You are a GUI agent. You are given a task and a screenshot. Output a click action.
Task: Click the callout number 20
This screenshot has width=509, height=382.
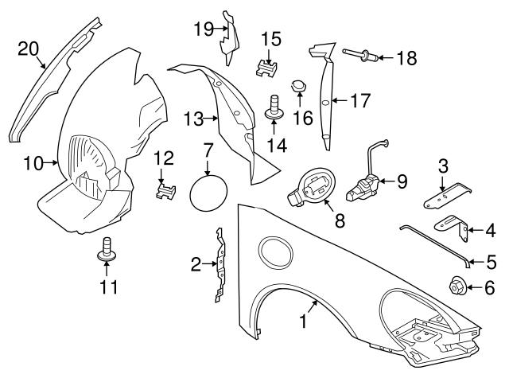tap(28, 49)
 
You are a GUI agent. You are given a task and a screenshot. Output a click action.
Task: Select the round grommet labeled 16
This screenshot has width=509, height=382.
tap(299, 84)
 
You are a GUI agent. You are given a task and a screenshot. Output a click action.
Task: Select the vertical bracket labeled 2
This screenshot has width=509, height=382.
tap(218, 265)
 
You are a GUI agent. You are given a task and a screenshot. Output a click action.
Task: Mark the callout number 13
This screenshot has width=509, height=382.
tap(191, 119)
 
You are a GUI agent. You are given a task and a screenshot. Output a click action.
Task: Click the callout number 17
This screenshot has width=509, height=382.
tap(363, 100)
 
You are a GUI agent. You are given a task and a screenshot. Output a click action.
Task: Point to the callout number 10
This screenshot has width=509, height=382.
tap(33, 164)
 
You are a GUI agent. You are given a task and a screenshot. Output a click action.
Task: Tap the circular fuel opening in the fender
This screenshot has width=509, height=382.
tap(276, 250)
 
